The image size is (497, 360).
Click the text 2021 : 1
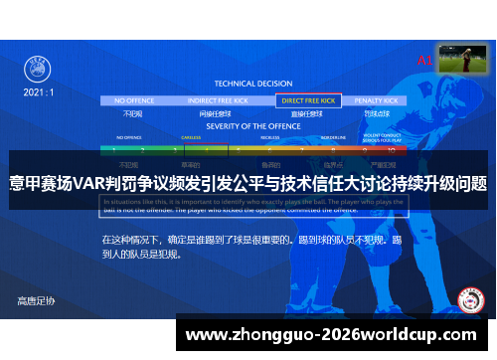pyautogui.click(x=39, y=90)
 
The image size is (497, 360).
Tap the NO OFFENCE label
pyautogui.click(x=135, y=100)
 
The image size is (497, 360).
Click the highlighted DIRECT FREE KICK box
pyautogui.click(x=309, y=100)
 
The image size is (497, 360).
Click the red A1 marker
pyautogui.click(x=425, y=61)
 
